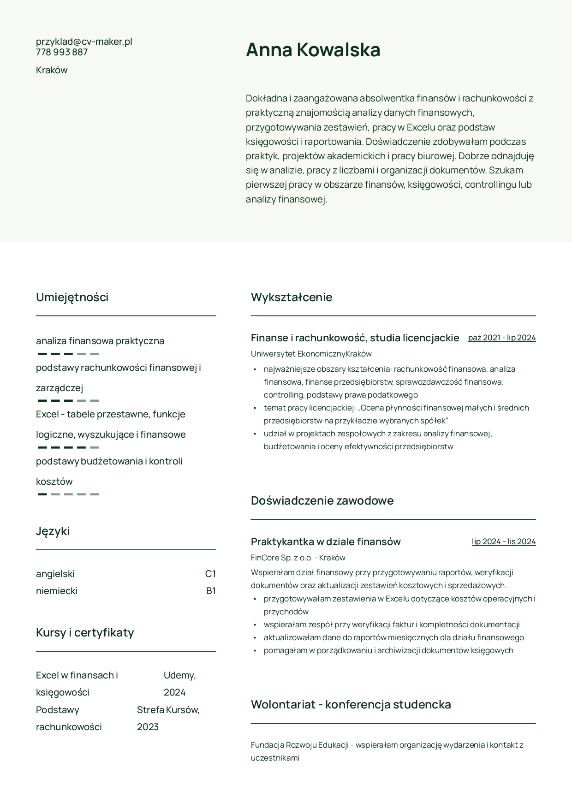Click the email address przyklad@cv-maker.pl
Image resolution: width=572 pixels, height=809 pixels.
(x=84, y=42)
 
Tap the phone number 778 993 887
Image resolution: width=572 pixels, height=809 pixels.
(x=62, y=52)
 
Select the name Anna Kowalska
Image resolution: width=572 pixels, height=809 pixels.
(x=313, y=50)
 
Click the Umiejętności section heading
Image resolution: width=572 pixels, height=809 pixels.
(x=72, y=297)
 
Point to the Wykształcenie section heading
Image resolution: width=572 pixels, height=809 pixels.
(x=292, y=297)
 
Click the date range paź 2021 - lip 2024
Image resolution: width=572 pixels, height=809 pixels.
(x=502, y=338)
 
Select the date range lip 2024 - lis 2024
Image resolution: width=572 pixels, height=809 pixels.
(x=504, y=541)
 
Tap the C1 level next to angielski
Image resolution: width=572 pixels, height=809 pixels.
(x=210, y=574)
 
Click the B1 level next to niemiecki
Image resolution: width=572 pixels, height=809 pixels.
(x=211, y=591)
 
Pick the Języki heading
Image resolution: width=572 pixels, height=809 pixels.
(x=53, y=531)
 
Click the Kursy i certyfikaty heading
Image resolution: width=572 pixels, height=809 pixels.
(x=85, y=632)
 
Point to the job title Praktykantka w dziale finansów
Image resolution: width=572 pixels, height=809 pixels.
(x=326, y=541)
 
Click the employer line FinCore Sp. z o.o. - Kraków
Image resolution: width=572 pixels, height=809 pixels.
(x=298, y=558)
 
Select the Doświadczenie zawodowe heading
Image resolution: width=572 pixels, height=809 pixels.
(x=322, y=500)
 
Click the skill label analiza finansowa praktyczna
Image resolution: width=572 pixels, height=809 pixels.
(x=100, y=341)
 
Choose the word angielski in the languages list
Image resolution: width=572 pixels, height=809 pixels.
(x=55, y=574)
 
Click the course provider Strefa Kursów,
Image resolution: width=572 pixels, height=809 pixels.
(x=168, y=710)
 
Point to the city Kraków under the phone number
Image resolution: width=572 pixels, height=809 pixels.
(x=52, y=70)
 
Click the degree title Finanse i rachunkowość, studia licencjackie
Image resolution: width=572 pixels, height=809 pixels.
(x=355, y=338)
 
